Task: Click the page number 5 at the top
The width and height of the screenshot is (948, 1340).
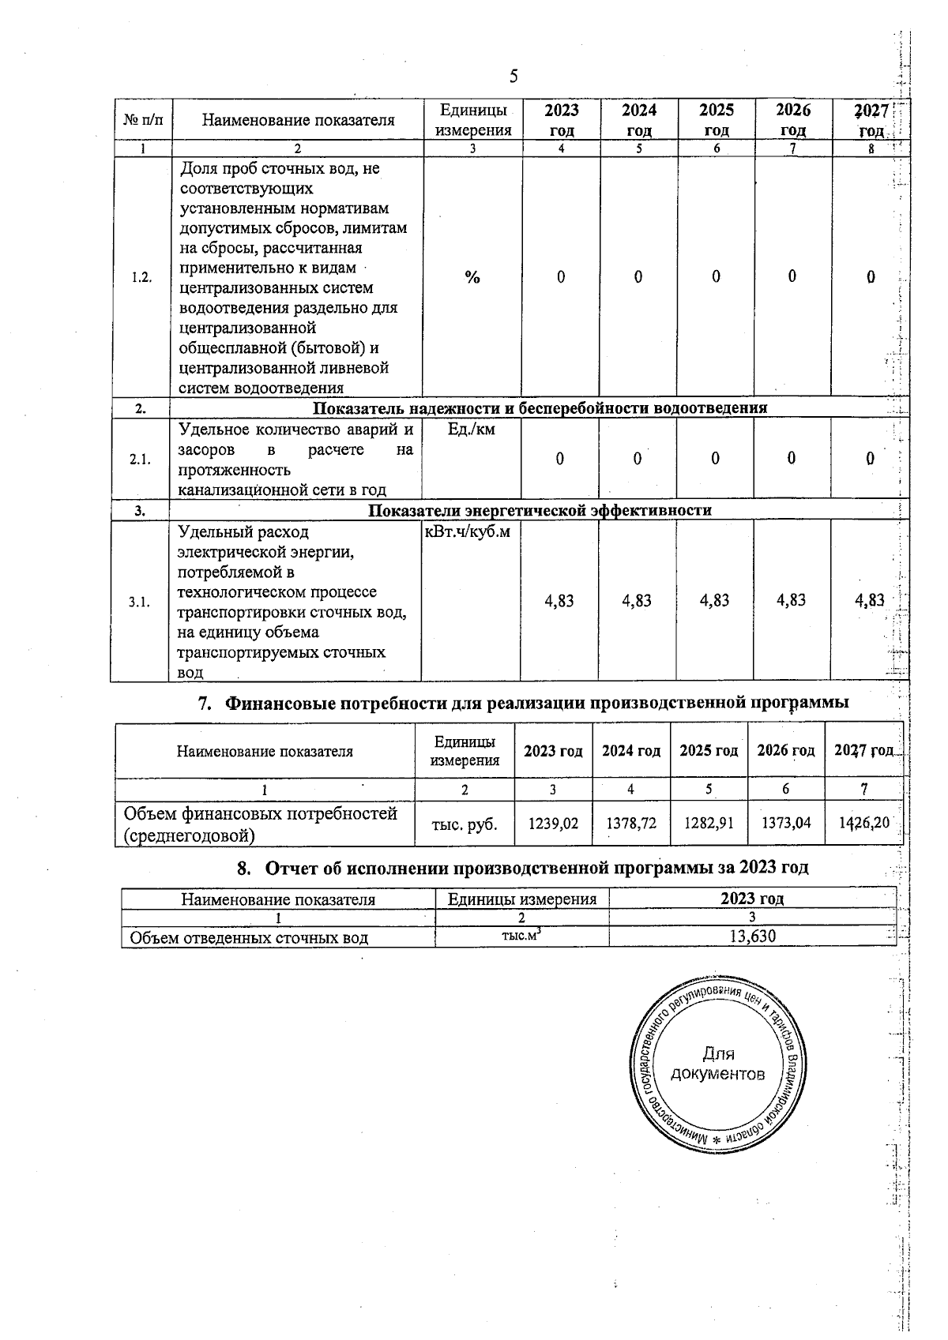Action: pos(513,77)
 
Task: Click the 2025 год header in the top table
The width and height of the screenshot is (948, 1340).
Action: pos(716,119)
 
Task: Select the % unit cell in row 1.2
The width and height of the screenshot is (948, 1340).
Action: pos(472,277)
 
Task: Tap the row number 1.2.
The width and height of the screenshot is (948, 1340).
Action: pos(142,278)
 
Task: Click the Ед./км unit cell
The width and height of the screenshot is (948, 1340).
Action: pos(472,429)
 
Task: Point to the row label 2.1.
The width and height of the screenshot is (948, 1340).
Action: pos(141,460)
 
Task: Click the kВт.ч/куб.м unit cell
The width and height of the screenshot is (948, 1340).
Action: pos(468,532)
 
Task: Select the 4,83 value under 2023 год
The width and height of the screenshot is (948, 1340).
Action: pos(559,601)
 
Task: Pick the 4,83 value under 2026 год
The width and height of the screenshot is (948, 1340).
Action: pos(791,600)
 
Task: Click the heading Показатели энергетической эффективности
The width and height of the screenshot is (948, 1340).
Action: pos(540,510)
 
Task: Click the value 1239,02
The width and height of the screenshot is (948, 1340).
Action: pos(553,824)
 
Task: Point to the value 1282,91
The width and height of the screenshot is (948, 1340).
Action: pos(709,824)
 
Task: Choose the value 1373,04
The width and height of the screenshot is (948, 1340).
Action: pos(785,823)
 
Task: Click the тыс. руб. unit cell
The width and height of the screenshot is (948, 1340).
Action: pos(465,824)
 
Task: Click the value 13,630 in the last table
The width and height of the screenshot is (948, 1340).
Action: pos(752,936)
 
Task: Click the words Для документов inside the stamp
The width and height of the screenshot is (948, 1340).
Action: pos(717,1064)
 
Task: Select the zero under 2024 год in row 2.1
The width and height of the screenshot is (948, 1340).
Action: pos(638,459)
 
